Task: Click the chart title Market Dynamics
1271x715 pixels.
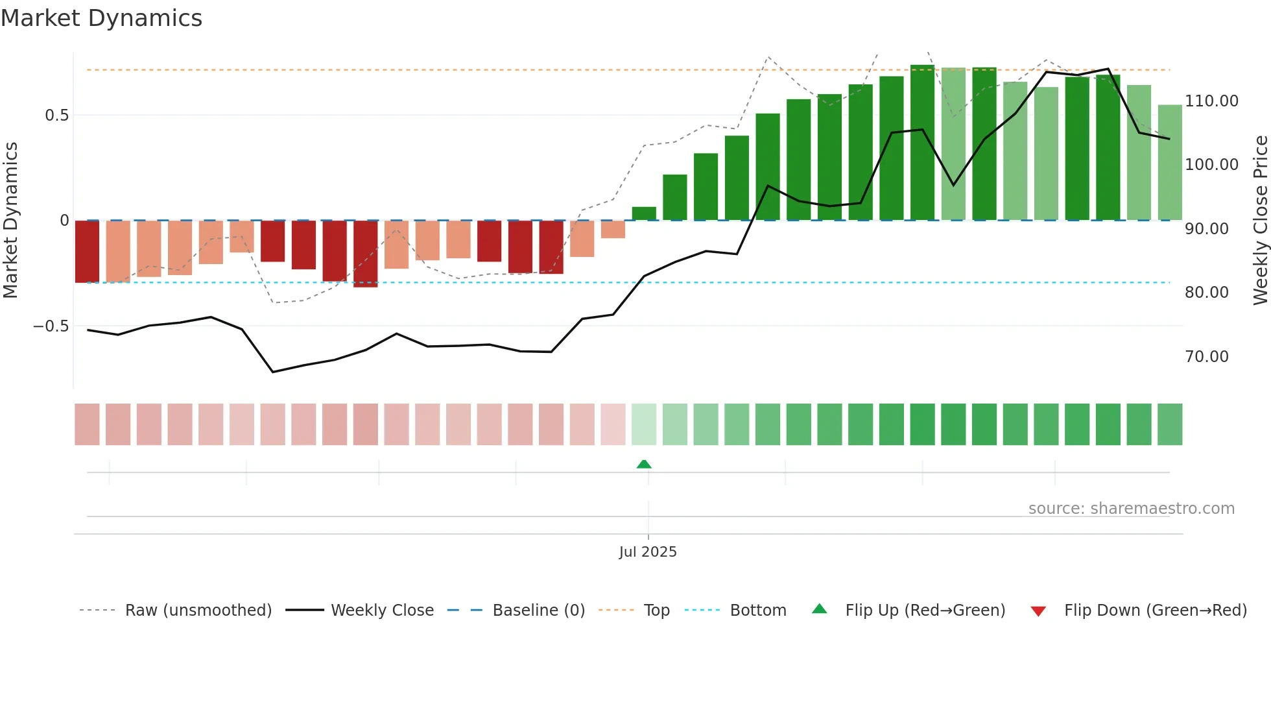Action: pos(101,18)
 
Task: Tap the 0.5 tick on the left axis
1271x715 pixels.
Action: pos(56,115)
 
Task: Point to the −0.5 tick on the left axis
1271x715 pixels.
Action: pos(51,326)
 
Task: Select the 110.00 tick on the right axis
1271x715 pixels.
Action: pos(1211,101)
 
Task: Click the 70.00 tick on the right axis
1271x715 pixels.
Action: pos(1206,357)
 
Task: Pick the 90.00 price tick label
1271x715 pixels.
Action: pos(1206,229)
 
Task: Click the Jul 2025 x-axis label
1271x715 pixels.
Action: pos(647,552)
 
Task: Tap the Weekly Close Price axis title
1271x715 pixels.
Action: pos(1260,220)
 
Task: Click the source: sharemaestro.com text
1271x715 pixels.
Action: pos(1131,509)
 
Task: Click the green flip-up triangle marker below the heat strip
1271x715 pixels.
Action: pos(644,465)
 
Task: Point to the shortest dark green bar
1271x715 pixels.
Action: pos(644,213)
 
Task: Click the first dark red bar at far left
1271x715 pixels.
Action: pos(87,252)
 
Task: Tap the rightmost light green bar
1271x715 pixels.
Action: pos(1170,162)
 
